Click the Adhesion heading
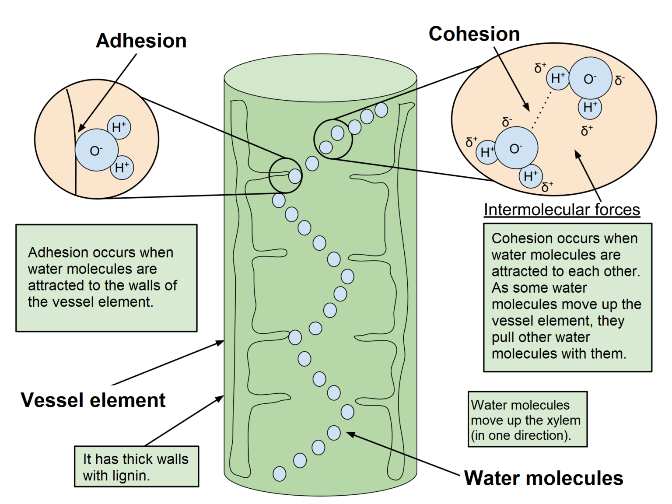(x=141, y=41)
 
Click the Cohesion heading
(x=474, y=34)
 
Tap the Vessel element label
(x=93, y=400)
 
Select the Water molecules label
(x=543, y=478)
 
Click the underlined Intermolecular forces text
(x=562, y=210)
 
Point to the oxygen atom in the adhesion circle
(x=96, y=150)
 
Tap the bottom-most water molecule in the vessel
(x=280, y=474)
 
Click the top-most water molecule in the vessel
(x=381, y=110)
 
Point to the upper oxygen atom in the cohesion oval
(x=590, y=78)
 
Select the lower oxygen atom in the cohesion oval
(x=516, y=148)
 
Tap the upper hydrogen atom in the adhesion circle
(x=119, y=127)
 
